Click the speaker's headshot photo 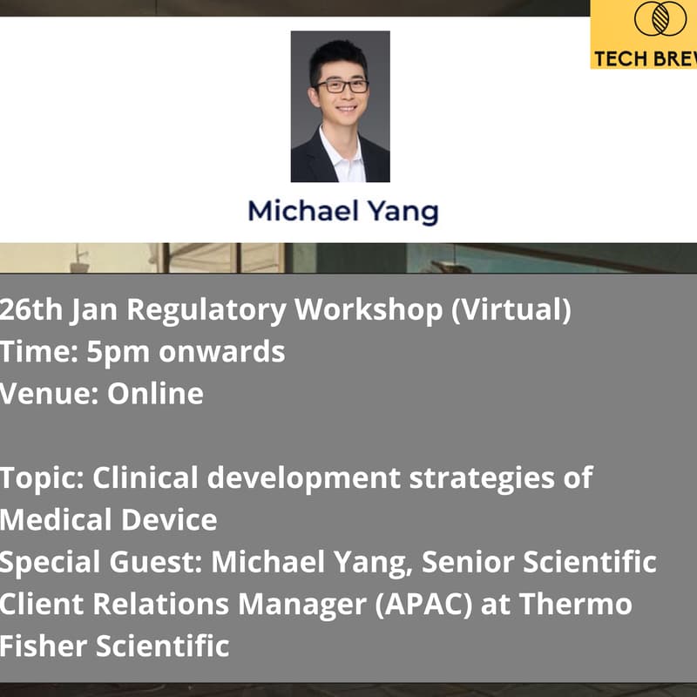[340, 106]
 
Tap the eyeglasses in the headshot [342, 86]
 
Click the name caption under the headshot [342, 212]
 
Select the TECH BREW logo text [644, 59]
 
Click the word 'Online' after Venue [155, 394]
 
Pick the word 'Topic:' [41, 477]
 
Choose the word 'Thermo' [583, 604]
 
